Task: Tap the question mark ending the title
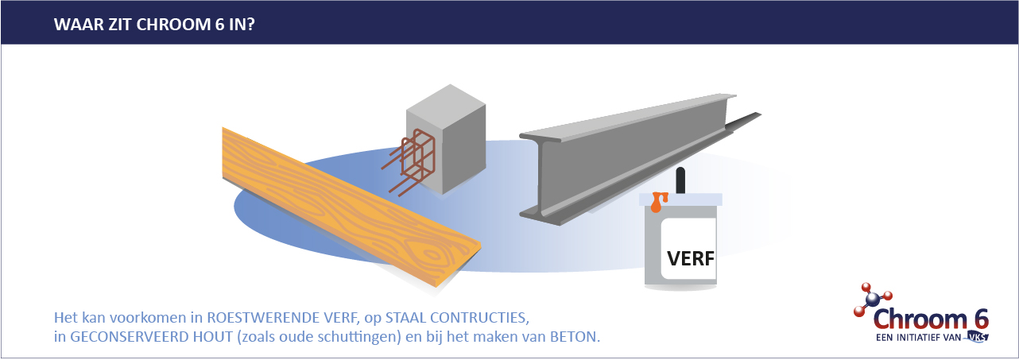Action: [250, 25]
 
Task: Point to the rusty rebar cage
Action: [409, 163]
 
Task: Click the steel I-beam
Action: [637, 159]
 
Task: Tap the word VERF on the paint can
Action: [690, 258]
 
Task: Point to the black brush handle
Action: [680, 180]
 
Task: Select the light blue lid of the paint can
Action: [680, 199]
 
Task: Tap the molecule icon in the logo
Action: [873, 299]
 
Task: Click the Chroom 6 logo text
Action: [930, 319]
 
